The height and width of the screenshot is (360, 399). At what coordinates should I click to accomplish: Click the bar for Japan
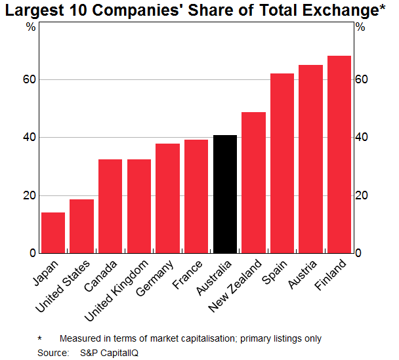pyautogui.click(x=53, y=233)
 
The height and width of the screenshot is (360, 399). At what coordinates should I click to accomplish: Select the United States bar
pyautogui.click(x=81, y=226)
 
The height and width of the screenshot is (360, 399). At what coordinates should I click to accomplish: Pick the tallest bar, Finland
pyautogui.click(x=339, y=154)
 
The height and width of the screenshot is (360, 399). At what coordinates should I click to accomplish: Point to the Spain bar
pyautogui.click(x=282, y=163)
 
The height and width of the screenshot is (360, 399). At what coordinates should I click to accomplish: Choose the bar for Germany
pyautogui.click(x=167, y=198)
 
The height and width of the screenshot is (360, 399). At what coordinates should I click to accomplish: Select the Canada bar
pyautogui.click(x=110, y=206)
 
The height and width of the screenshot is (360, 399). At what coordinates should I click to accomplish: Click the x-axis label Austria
pyautogui.click(x=303, y=275)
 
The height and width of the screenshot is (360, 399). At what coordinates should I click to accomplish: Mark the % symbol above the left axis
pyautogui.click(x=31, y=27)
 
